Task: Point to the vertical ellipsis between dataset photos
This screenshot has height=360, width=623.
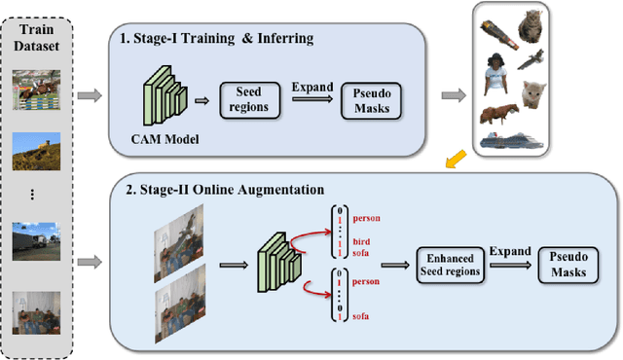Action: click(x=34, y=195)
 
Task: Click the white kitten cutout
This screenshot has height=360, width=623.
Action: click(x=535, y=97)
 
